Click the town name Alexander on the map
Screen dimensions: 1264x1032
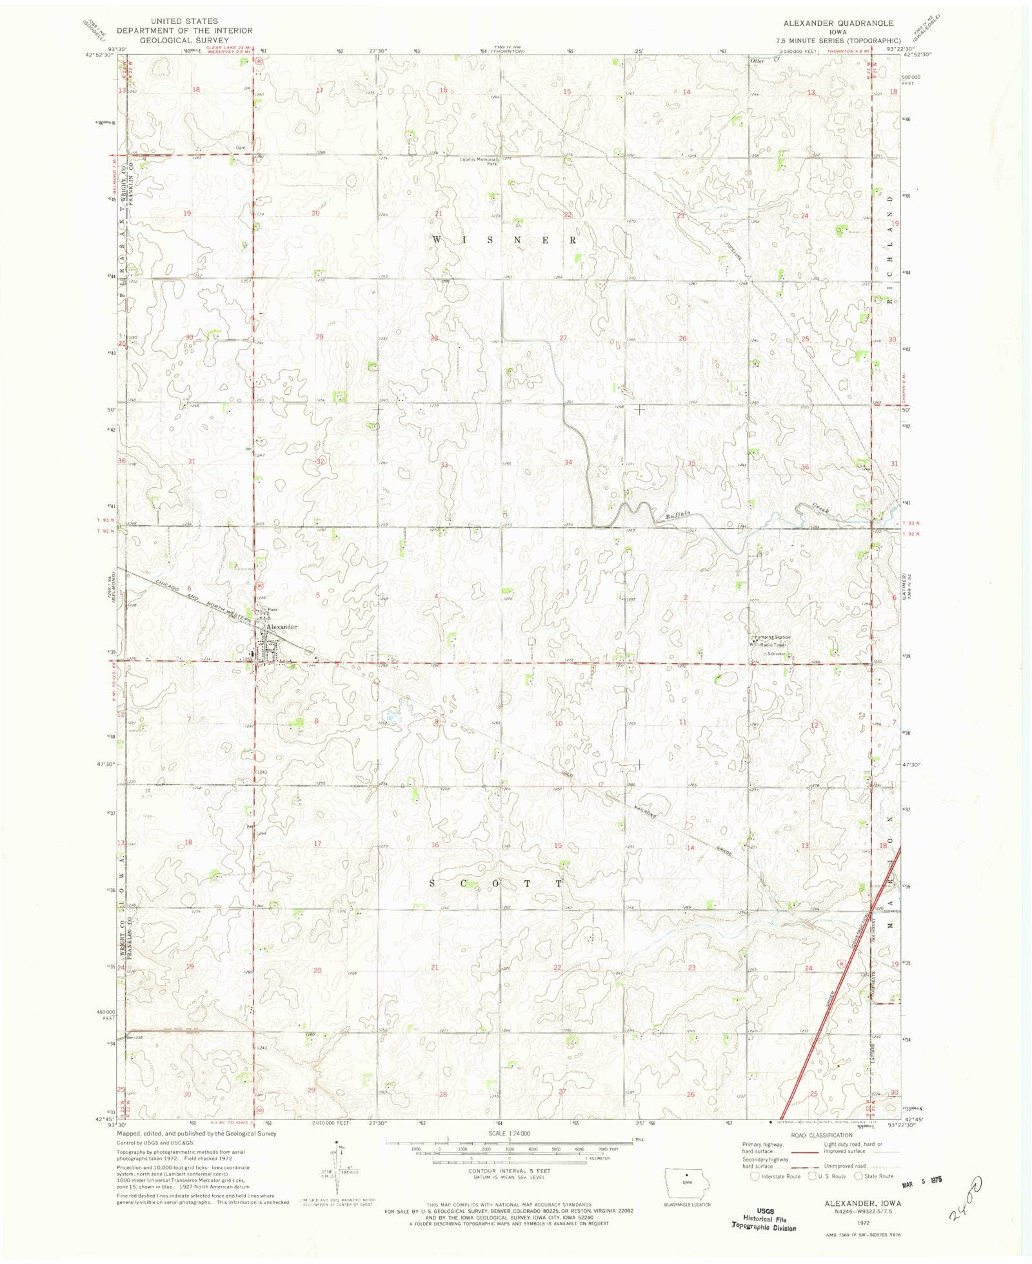pos(283,627)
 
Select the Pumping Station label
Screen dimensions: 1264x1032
pos(773,637)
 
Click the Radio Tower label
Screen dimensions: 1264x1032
pos(775,645)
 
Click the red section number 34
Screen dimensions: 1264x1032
pos(568,462)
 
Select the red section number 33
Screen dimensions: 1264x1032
pos(444,465)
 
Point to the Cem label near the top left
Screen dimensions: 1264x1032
pos(241,147)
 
